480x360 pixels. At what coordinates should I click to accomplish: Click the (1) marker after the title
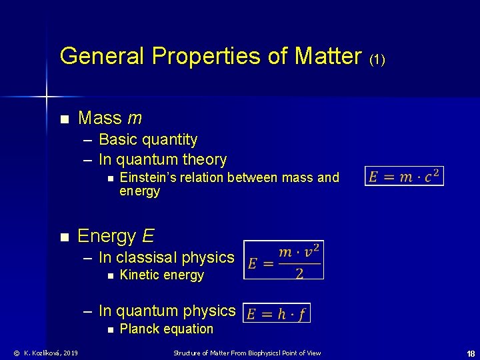[377, 59]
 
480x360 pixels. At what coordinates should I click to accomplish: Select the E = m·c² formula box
[404, 176]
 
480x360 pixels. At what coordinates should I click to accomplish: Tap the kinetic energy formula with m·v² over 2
[284, 259]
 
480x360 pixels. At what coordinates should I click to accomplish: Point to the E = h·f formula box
[277, 313]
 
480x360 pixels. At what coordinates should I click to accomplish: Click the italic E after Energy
[148, 236]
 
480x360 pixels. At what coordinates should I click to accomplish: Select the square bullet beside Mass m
[64, 119]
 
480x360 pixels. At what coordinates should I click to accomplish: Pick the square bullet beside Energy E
[64, 237]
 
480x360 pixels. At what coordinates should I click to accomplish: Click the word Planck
[138, 329]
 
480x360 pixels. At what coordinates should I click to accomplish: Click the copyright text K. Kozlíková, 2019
[46, 353]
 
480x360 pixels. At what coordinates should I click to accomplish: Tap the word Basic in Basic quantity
[115, 139]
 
